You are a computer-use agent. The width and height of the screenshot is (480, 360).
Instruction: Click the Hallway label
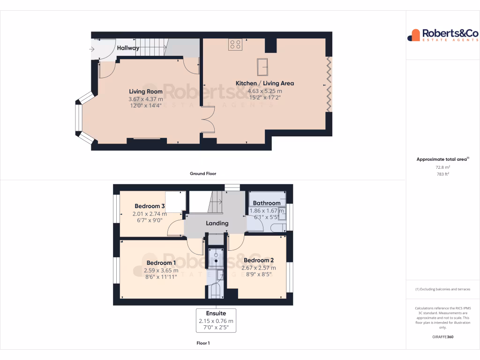[x=128, y=48]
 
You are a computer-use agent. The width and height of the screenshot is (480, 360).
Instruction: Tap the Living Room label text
[x=146, y=91]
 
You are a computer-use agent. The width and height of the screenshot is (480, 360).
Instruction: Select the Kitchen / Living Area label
[x=264, y=83]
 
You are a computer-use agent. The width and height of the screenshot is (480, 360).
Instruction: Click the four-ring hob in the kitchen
[x=235, y=45]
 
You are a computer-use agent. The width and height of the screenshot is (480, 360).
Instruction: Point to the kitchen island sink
[x=262, y=67]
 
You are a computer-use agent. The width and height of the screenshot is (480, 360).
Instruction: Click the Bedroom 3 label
[x=150, y=206]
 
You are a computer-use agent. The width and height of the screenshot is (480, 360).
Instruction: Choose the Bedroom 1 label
[x=161, y=263]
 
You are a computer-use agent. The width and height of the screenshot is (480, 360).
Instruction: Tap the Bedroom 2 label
[x=259, y=260]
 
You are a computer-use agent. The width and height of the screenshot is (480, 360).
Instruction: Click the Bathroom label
[x=266, y=203]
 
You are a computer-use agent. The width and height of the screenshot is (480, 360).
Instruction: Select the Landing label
[x=217, y=223]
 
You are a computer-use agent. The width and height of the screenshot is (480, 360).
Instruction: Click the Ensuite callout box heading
[x=216, y=313]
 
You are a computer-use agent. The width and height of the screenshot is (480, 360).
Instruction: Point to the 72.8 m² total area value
[x=442, y=167]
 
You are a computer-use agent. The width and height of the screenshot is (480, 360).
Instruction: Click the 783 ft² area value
[x=442, y=174]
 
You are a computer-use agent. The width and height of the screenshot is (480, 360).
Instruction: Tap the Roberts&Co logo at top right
[x=442, y=35]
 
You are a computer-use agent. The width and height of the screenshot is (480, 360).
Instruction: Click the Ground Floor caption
[x=203, y=173]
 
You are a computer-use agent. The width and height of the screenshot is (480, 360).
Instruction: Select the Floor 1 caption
[x=203, y=343]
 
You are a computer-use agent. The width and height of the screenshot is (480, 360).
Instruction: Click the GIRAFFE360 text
[x=443, y=337]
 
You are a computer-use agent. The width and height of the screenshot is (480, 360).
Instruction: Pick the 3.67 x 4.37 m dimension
[x=146, y=99]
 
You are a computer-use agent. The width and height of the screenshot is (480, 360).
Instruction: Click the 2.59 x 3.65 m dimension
[x=161, y=270]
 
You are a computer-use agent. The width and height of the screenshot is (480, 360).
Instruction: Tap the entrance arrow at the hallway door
[x=91, y=49]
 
